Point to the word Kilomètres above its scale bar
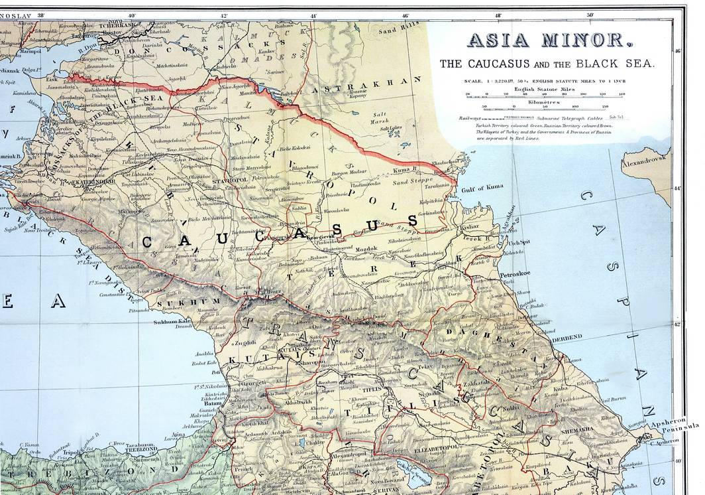pyautogui.click(x=547, y=103)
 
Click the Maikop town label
pyautogui.click(x=128, y=212)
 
